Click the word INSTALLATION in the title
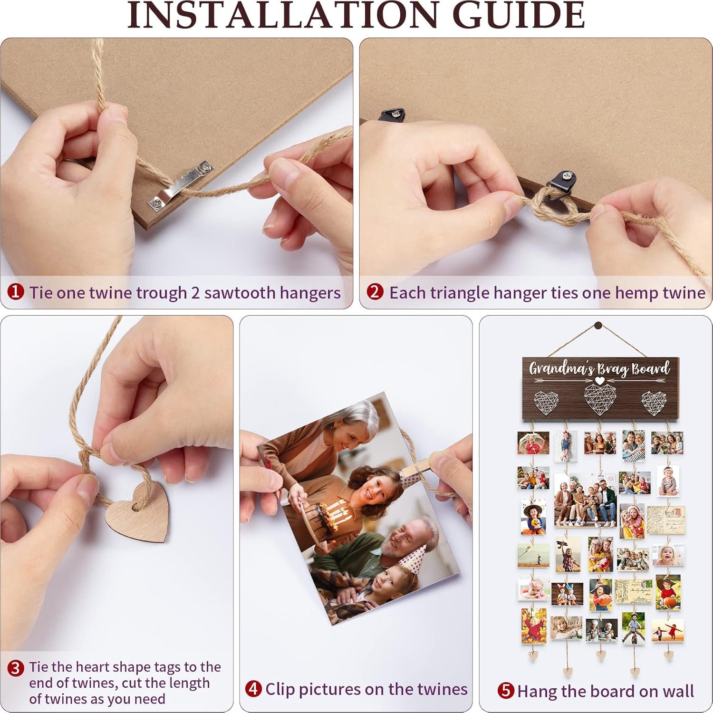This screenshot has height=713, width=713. pos(282,15)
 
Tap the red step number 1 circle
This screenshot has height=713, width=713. pos(16,292)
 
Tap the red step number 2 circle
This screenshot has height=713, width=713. pos(375,291)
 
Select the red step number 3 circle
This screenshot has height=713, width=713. pos(16,668)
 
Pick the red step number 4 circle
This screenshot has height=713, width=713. pos(254,688)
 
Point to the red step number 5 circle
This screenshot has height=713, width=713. pos(506,690)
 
